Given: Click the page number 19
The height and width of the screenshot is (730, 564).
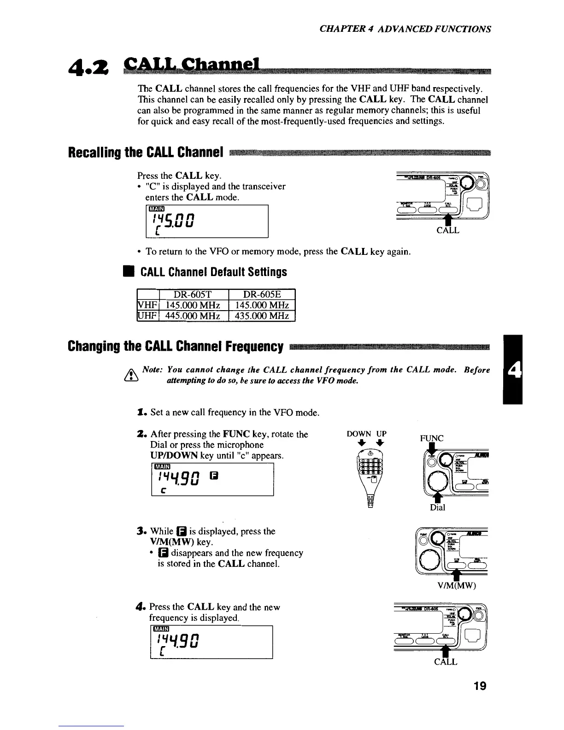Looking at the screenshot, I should click(480, 686).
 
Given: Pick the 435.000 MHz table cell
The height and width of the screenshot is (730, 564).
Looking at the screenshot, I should click(262, 316).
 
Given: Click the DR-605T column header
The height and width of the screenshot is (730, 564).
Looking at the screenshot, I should click(194, 294).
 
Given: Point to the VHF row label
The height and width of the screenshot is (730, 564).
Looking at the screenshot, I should click(148, 305).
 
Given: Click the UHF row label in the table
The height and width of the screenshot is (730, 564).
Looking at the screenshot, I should click(148, 316).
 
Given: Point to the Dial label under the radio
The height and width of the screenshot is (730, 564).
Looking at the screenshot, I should click(437, 507).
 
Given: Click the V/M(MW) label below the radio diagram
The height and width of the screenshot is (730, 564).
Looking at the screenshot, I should click(457, 586).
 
